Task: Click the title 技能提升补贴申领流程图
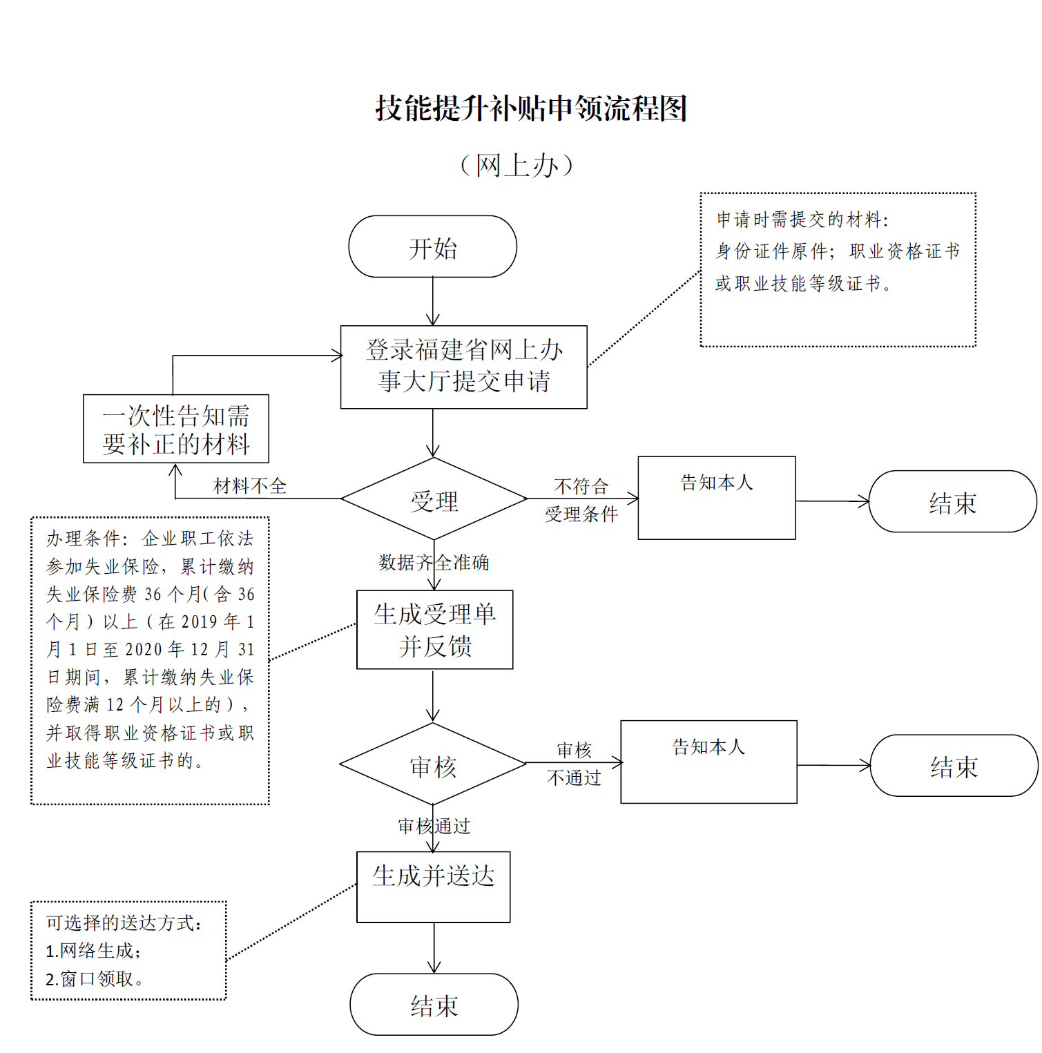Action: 530,109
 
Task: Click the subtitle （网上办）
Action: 517,166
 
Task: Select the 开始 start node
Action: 432,247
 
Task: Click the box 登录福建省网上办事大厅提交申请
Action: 463,367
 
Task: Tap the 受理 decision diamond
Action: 434,500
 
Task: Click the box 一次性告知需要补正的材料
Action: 175,429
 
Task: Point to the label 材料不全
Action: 250,486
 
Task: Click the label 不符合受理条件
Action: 581,501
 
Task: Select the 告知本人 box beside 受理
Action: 716,497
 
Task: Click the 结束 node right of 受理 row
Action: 952,502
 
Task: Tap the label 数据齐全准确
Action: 434,563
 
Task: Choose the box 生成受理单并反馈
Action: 434,629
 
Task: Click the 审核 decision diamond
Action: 433,765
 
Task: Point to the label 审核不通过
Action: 574,764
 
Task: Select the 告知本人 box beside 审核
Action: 708,762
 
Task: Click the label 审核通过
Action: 434,826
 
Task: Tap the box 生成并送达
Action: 433,886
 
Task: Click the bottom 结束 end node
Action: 434,1005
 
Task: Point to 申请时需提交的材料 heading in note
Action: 802,220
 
